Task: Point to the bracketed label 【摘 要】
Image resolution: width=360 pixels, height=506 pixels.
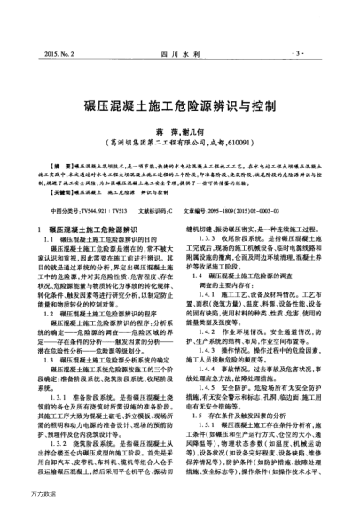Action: (67, 166)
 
